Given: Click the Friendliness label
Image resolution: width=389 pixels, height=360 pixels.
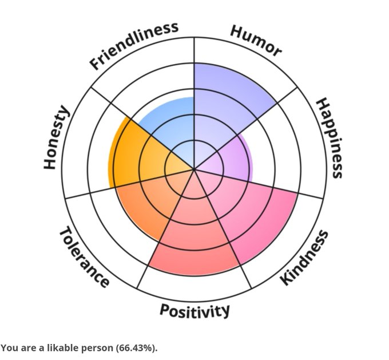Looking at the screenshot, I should pyautogui.click(x=134, y=45).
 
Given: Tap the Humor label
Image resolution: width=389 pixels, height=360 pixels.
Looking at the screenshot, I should pyautogui.click(x=256, y=41).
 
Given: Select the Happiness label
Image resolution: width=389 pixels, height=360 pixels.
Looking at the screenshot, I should pyautogui.click(x=330, y=138).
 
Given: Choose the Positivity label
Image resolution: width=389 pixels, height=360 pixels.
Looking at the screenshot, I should pyautogui.click(x=194, y=310).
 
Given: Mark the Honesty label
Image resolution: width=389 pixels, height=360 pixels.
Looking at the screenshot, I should pyautogui.click(x=57, y=138).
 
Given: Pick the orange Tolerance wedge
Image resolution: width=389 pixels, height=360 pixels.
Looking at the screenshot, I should pyautogui.click(x=146, y=206).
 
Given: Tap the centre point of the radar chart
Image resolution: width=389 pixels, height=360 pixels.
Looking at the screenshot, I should pyautogui.click(x=194, y=170).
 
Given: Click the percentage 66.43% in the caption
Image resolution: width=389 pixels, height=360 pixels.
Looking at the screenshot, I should pyautogui.click(x=136, y=348).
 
